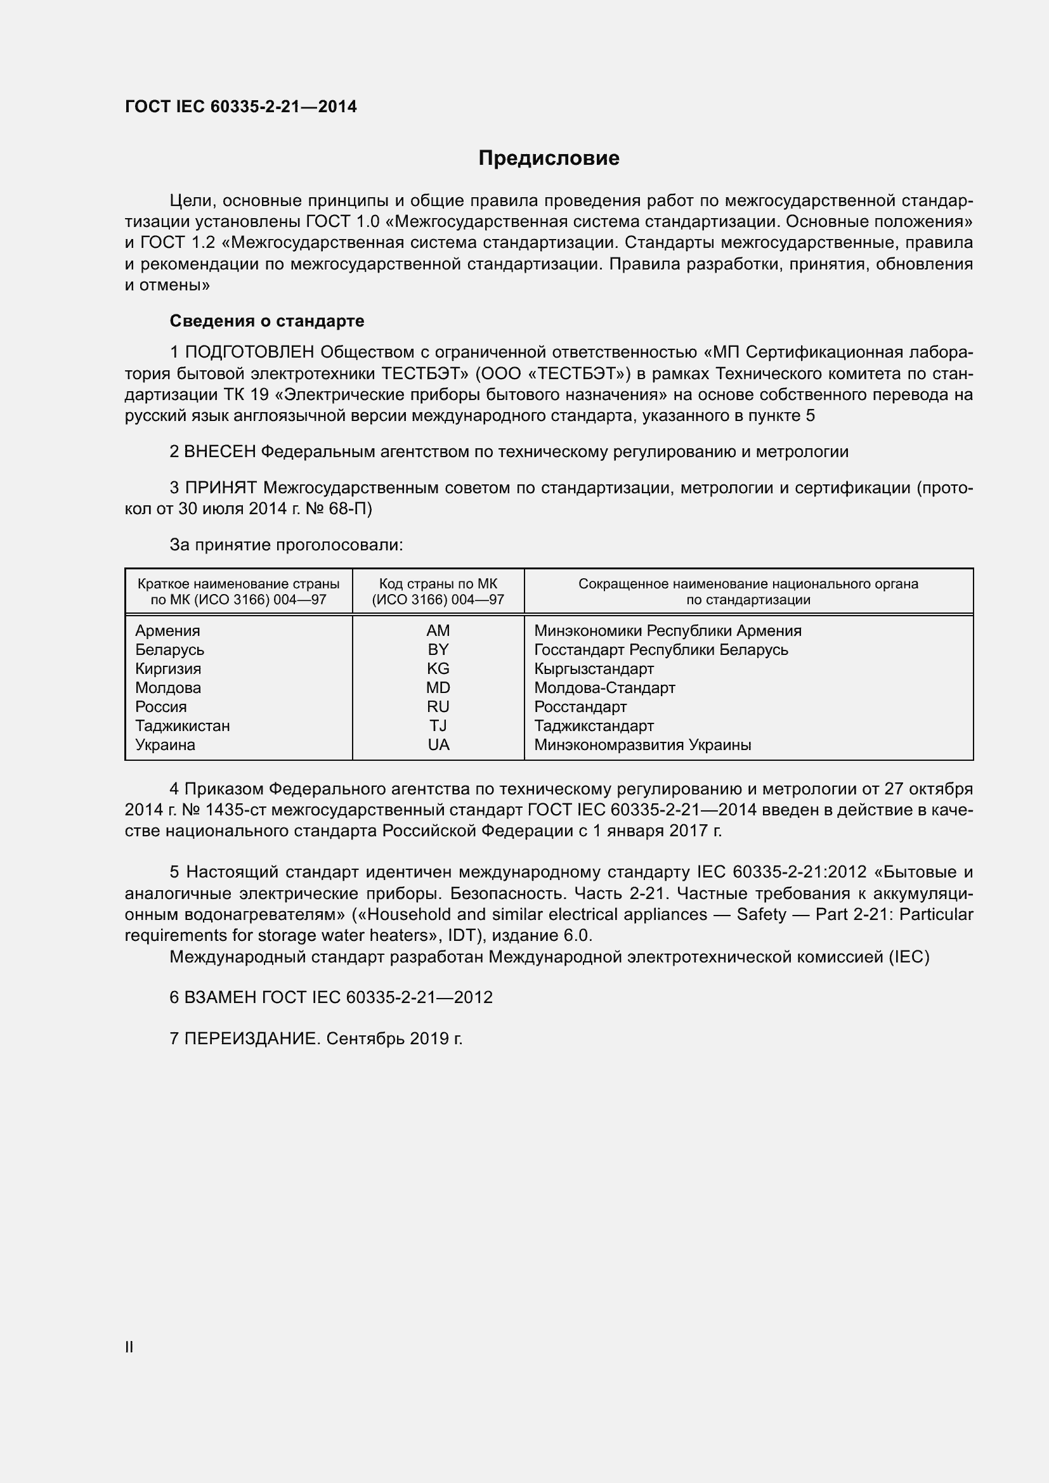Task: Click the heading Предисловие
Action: point(549,159)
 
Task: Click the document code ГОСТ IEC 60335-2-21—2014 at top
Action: point(240,107)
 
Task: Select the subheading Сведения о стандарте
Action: point(267,321)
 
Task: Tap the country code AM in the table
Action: point(438,630)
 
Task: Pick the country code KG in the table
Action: point(438,668)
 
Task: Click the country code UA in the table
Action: point(438,745)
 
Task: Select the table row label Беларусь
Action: point(169,650)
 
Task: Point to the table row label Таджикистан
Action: point(182,726)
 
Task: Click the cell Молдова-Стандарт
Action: point(604,688)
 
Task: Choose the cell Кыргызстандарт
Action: point(593,668)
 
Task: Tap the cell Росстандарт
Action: point(580,706)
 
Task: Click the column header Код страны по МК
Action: point(438,584)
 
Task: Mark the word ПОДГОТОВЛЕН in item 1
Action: point(250,352)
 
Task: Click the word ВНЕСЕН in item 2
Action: point(220,452)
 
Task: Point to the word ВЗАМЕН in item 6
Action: point(220,997)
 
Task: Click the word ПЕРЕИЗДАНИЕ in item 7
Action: point(252,1039)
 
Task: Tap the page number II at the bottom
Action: point(129,1347)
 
